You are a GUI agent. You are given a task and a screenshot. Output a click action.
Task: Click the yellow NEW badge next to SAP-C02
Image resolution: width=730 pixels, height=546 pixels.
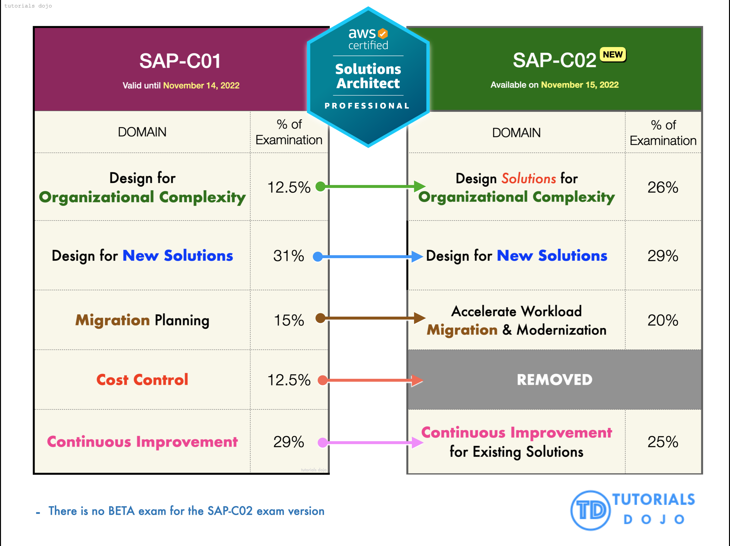click(613, 54)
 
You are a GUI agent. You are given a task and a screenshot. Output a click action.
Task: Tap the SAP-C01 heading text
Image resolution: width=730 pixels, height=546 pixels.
click(180, 61)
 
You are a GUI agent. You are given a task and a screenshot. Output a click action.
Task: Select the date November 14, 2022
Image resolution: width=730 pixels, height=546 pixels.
click(201, 86)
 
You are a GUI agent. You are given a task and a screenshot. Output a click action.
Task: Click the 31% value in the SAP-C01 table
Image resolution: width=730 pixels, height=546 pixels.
click(288, 256)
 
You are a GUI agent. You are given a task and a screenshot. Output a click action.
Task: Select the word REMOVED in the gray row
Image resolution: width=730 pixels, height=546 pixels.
click(554, 380)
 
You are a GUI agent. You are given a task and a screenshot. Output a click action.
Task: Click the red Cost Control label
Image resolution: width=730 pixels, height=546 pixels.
click(142, 380)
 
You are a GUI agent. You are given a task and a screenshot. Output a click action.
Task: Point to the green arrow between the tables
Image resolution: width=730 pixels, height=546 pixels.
click(370, 186)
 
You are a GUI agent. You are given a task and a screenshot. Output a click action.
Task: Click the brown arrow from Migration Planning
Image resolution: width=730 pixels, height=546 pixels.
click(370, 318)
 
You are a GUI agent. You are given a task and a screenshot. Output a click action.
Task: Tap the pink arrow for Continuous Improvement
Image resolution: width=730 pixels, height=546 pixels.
click(370, 442)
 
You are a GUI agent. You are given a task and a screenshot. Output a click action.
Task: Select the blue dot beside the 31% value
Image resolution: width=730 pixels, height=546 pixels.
click(317, 256)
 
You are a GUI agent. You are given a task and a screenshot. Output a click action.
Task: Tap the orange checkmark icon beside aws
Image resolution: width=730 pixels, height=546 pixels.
click(383, 33)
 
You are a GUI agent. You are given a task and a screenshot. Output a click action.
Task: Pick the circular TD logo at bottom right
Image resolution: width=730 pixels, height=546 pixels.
click(590, 510)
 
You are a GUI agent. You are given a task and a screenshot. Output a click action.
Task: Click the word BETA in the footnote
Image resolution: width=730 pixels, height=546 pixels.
click(121, 511)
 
